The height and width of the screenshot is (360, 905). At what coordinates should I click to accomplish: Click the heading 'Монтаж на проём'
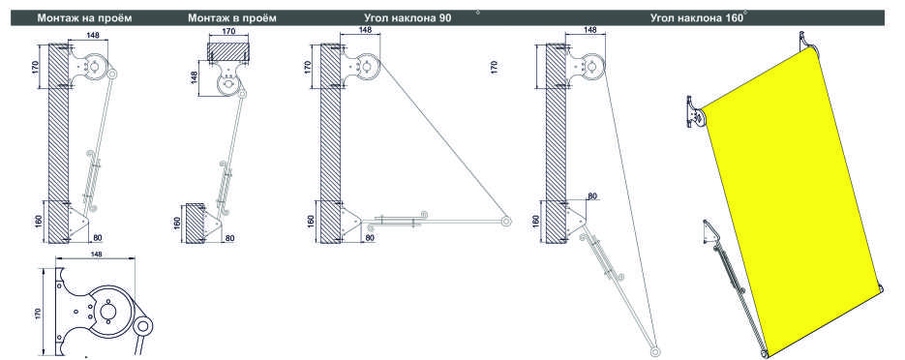click(x=85, y=17)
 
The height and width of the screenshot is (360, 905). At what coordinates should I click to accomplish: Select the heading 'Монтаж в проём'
click(x=232, y=17)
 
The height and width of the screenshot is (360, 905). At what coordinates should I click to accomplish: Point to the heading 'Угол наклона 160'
click(x=697, y=17)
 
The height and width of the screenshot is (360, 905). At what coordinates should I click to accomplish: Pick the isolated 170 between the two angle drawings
click(x=494, y=68)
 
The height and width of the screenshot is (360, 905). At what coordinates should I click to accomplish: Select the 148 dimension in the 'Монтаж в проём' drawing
click(x=196, y=77)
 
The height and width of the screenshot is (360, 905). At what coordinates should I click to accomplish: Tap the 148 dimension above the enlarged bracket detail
click(x=96, y=254)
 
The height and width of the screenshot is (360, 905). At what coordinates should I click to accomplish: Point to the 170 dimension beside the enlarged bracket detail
click(x=39, y=314)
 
